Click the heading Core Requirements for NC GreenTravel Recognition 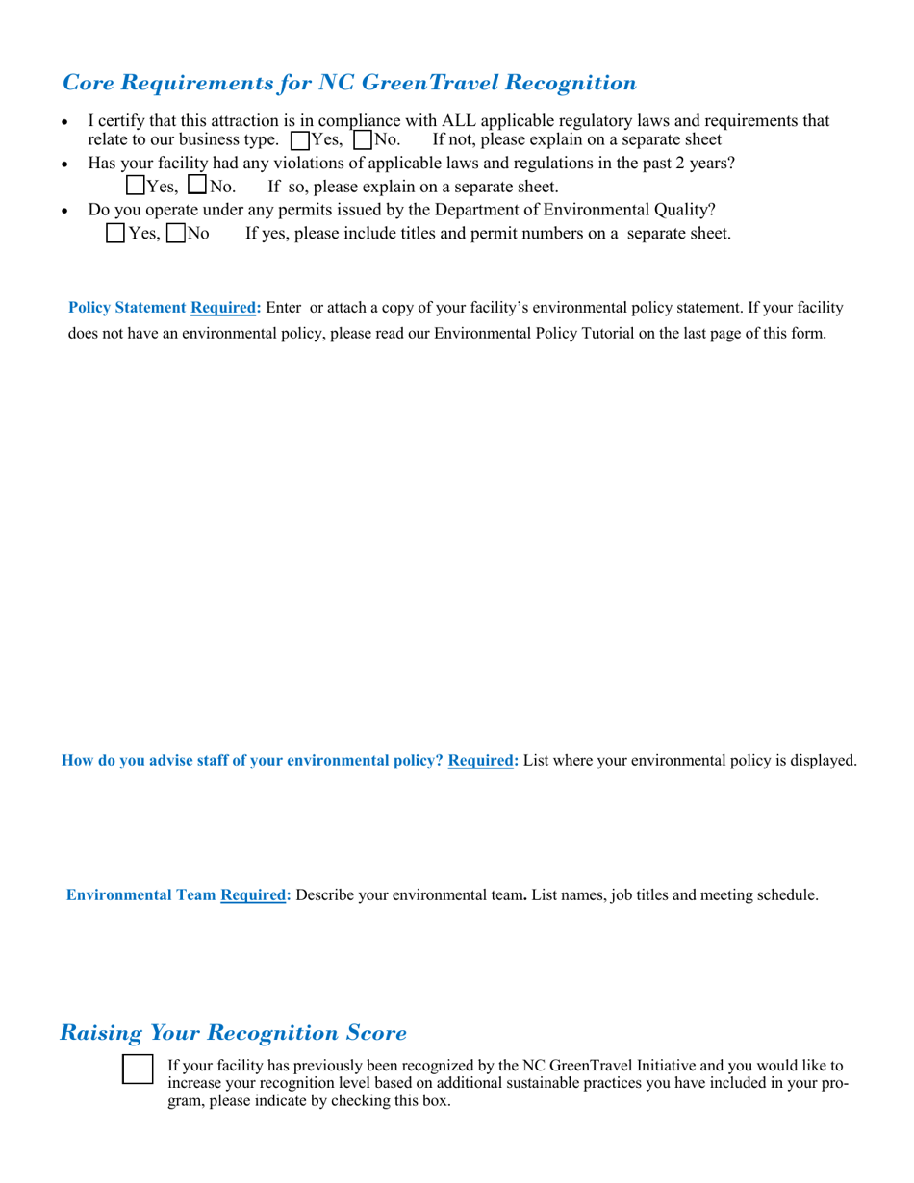pos(348,83)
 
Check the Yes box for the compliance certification pos(299,140)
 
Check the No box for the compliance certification pos(363,140)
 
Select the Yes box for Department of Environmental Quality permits pos(115,233)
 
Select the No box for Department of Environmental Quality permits pos(176,233)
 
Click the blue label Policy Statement pos(127,308)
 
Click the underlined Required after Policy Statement pos(225,308)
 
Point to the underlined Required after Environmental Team pos(255,895)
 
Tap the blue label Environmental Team pos(140,895)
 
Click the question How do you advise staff pos(252,761)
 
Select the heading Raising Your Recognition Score pos(233,1033)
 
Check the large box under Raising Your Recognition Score pos(138,1070)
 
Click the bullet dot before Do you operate pos(64,212)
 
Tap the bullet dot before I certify pos(64,123)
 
